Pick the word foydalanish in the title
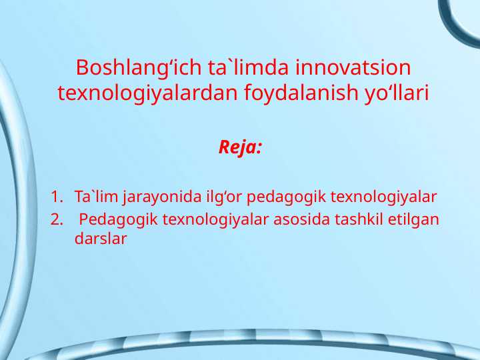pos(291,93)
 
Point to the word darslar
pos(101,237)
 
